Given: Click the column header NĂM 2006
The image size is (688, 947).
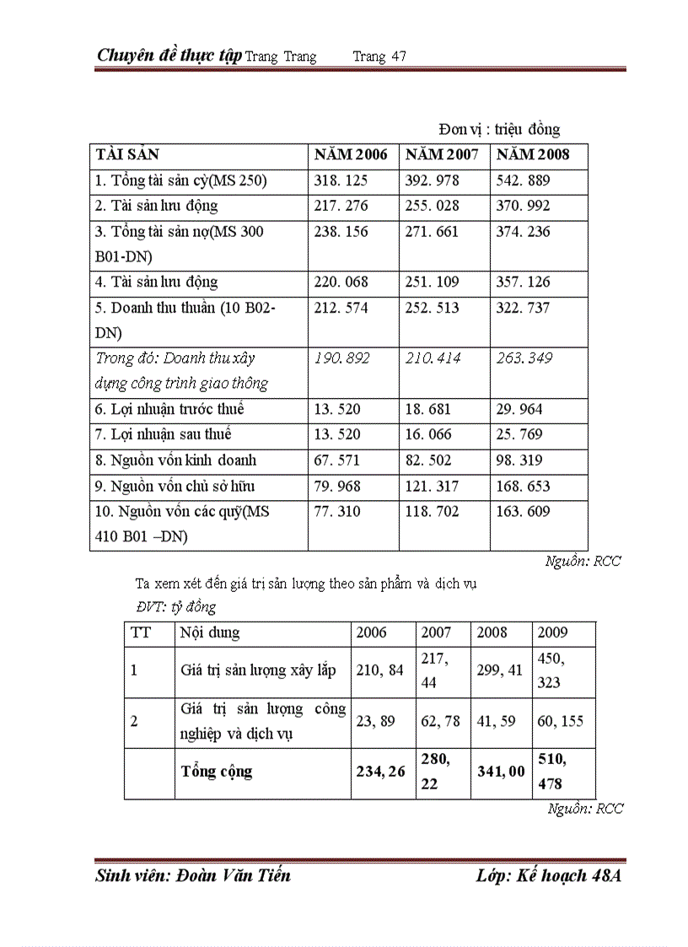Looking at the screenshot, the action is (x=351, y=155).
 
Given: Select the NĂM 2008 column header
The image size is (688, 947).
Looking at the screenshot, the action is (x=532, y=155).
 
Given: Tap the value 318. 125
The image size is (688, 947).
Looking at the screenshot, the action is (x=341, y=181).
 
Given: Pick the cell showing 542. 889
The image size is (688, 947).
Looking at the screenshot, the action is (x=523, y=181).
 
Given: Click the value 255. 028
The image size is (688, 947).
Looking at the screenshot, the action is (x=432, y=206).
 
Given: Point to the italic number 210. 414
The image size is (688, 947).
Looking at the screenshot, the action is (x=433, y=358).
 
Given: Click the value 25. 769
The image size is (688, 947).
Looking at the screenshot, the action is (x=520, y=435).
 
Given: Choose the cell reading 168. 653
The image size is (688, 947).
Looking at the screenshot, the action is (x=523, y=487).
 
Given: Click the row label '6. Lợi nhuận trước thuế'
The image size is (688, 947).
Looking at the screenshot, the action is (x=169, y=410).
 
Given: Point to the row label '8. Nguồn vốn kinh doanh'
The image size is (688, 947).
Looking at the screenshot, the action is (x=175, y=461).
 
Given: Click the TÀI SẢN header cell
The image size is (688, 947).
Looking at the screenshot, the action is (x=127, y=155).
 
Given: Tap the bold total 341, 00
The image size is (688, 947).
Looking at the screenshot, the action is (x=501, y=772).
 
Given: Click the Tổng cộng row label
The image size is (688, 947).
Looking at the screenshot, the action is (x=217, y=772).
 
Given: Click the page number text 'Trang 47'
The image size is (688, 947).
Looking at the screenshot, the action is (x=379, y=56).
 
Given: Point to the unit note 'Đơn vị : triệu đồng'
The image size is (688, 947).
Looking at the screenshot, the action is (x=499, y=129).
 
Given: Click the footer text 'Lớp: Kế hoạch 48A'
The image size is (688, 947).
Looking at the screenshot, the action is (x=548, y=876).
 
